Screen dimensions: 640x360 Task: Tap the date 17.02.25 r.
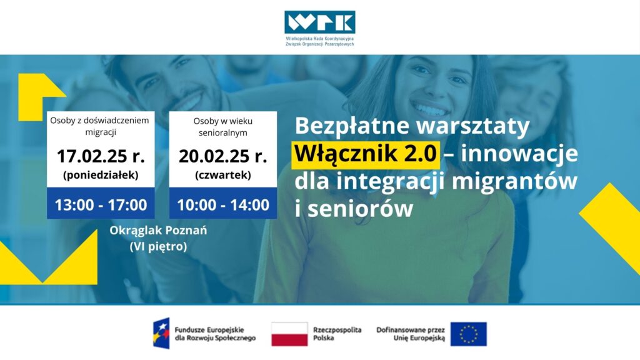(x=101, y=156)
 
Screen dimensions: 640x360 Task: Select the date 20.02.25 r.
(x=223, y=156)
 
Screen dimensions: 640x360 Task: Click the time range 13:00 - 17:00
(x=101, y=204)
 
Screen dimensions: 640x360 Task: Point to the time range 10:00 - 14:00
(x=223, y=204)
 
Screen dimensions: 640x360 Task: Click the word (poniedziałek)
(x=101, y=175)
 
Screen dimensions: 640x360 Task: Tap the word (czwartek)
(x=223, y=175)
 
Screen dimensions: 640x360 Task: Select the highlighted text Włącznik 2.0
(x=365, y=154)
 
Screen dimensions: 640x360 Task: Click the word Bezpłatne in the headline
(x=351, y=126)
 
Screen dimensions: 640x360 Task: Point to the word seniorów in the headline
(x=361, y=209)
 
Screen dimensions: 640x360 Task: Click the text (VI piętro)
(x=158, y=246)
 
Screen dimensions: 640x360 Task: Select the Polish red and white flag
(x=289, y=334)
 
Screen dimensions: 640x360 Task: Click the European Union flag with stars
(x=469, y=334)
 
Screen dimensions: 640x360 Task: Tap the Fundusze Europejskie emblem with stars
(x=161, y=333)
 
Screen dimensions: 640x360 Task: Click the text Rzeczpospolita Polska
(x=337, y=334)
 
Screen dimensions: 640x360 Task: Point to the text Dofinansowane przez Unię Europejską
(x=411, y=334)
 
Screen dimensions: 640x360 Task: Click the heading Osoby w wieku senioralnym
(x=223, y=127)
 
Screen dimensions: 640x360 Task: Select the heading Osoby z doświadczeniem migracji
(x=101, y=126)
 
